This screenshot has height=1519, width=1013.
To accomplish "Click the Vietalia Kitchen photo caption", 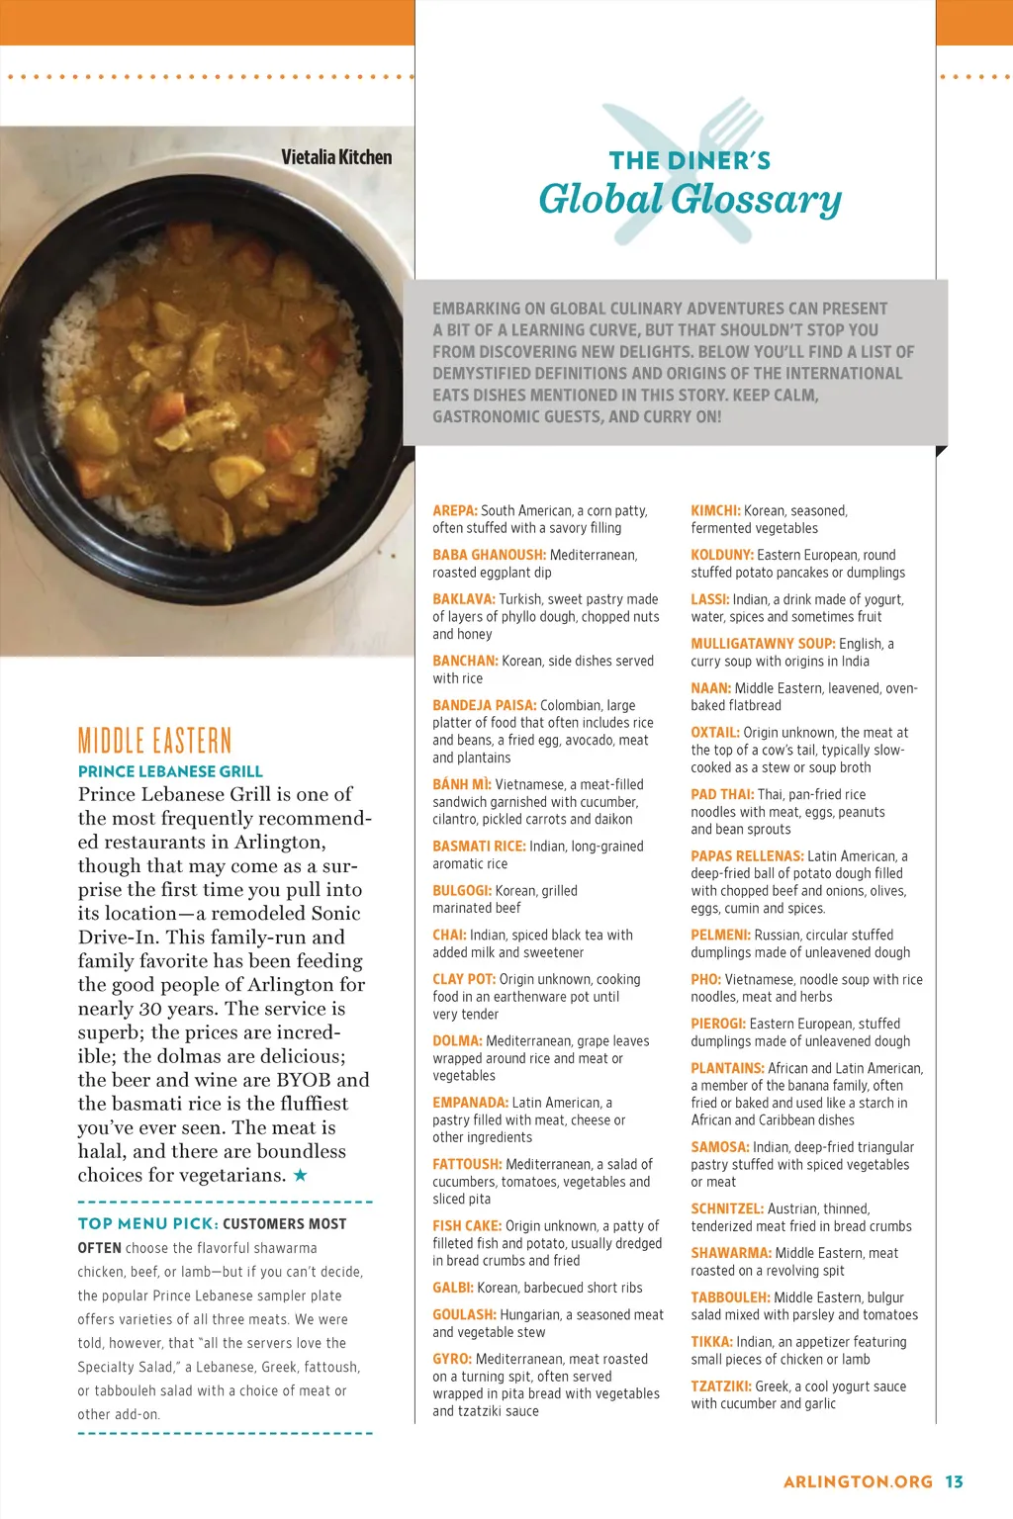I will [336, 157].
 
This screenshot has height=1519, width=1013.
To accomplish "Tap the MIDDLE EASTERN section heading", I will [154, 741].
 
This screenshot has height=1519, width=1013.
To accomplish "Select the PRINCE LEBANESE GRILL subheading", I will [170, 771].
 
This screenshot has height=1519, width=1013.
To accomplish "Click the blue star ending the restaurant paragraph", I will [300, 1175].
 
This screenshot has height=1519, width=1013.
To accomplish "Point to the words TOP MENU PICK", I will [146, 1223].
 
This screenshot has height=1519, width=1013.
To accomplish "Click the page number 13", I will [954, 1481].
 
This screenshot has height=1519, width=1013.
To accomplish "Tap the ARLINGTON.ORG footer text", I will [858, 1481].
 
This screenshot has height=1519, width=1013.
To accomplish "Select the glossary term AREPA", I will [454, 510].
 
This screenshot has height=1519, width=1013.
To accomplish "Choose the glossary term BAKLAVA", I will [463, 599].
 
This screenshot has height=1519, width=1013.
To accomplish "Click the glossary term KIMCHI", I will [714, 510].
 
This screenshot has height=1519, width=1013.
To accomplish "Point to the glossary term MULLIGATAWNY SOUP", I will [763, 644].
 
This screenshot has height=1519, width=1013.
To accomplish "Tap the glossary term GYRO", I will [451, 1359].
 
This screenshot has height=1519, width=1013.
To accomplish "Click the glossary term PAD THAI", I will [722, 794].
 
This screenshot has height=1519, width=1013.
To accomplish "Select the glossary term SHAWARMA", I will [731, 1253].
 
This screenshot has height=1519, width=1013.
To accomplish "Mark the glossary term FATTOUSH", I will [467, 1164].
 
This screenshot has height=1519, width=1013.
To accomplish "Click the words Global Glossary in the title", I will [690, 200].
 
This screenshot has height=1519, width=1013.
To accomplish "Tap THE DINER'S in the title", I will [690, 160].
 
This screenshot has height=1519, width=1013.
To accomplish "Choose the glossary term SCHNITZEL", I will [727, 1208].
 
